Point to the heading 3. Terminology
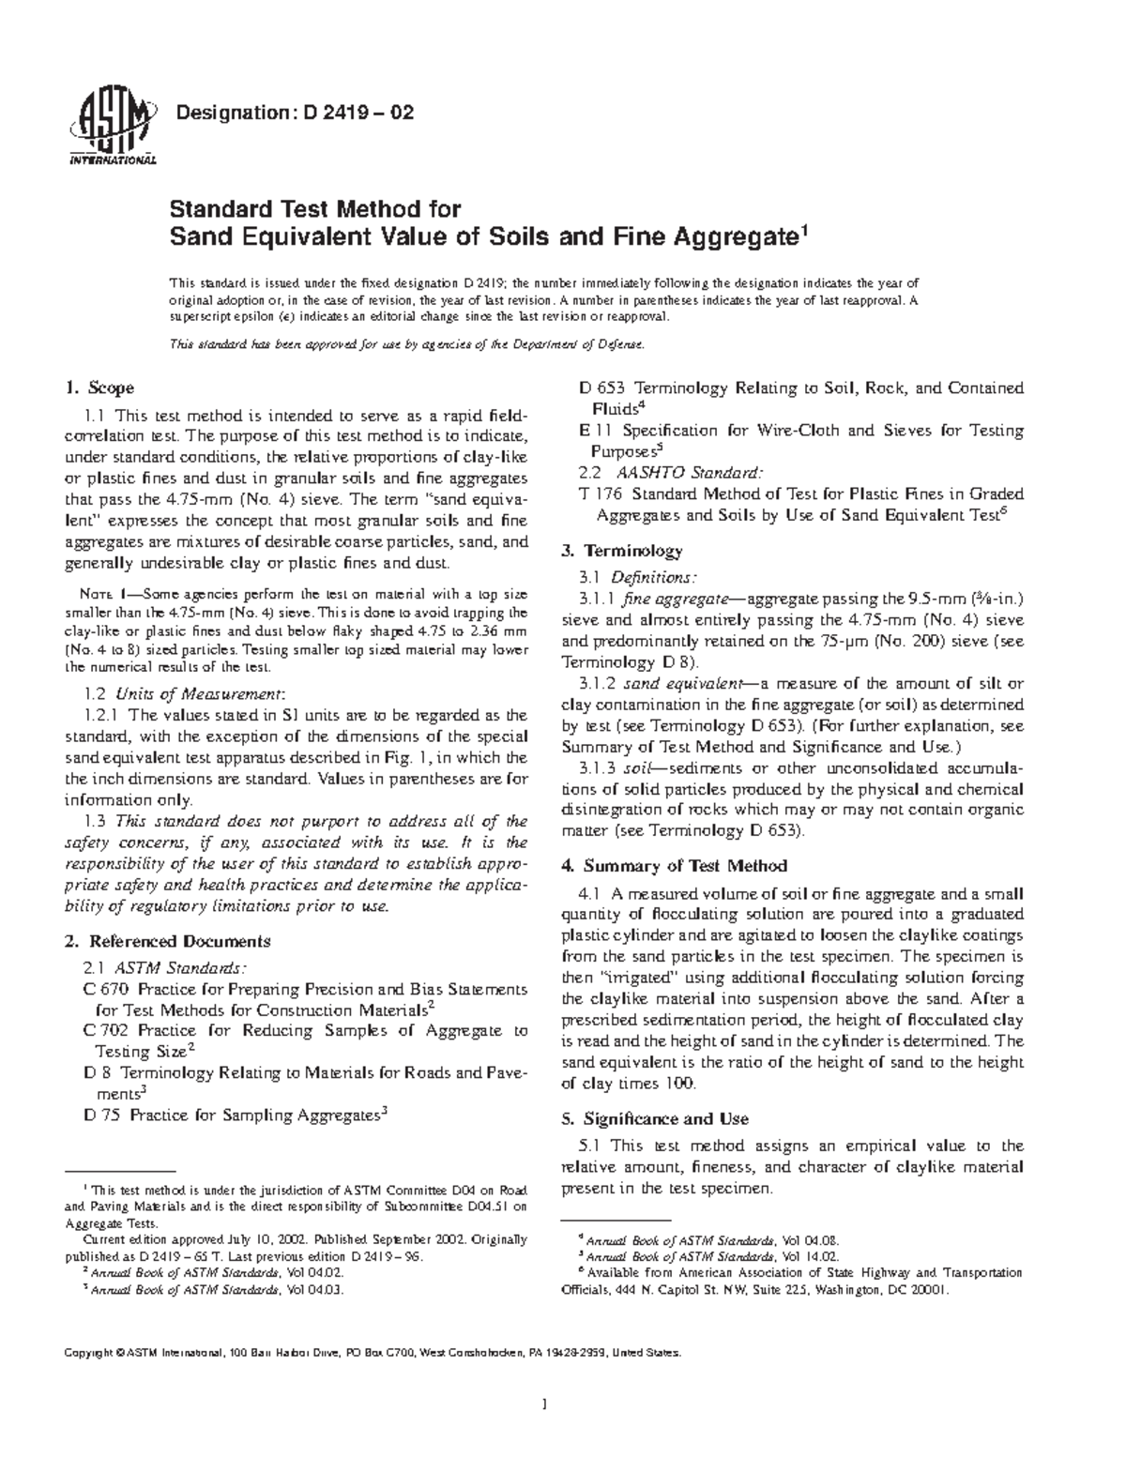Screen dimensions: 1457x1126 621,551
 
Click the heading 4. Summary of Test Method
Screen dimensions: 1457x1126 673,866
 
